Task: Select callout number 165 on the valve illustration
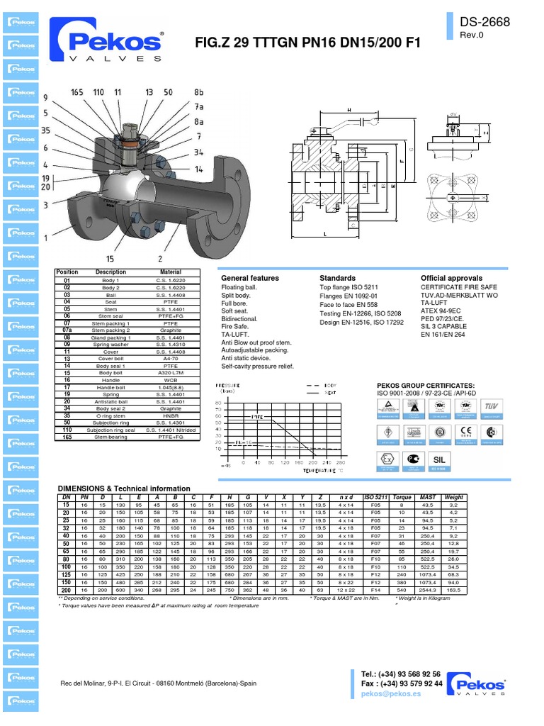(77, 92)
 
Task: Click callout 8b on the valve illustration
(199, 92)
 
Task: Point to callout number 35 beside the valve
(45, 130)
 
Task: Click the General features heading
(250, 278)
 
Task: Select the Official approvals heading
(451, 278)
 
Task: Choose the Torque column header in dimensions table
(402, 497)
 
